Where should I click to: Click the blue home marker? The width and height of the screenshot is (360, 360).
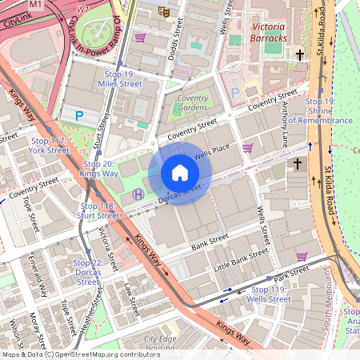[180, 173]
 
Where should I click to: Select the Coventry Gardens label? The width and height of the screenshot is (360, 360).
[192, 103]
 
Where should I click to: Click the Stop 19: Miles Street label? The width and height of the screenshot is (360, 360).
[119, 78]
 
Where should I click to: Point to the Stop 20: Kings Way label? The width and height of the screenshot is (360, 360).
[99, 168]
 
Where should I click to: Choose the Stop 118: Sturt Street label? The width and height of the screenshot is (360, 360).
[99, 210]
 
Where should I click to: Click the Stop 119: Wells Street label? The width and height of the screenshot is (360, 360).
[270, 294]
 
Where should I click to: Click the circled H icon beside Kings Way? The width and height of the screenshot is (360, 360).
[138, 194]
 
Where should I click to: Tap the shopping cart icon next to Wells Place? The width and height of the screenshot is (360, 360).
[248, 147]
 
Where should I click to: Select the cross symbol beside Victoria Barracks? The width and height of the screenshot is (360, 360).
[301, 55]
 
